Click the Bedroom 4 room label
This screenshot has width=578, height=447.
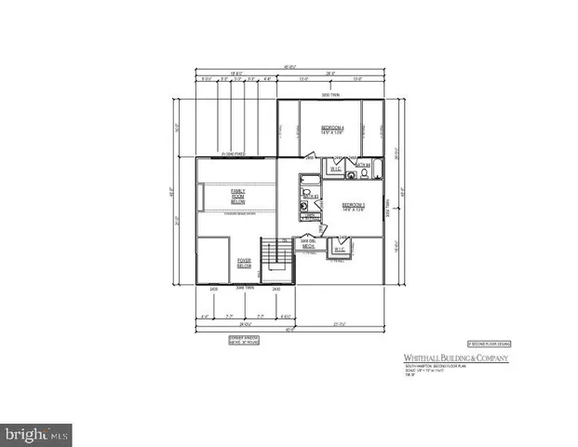click(x=333, y=129)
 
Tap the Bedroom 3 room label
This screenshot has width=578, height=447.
click(x=353, y=206)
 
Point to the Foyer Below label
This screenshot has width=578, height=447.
click(x=245, y=264)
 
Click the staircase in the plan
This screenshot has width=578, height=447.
click(x=274, y=258)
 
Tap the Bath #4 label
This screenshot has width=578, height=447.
click(x=364, y=166)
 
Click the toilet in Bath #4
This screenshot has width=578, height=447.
click(x=352, y=170)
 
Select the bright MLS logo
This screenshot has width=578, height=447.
click(x=37, y=433)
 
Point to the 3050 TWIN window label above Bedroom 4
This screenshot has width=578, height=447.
click(x=330, y=96)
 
